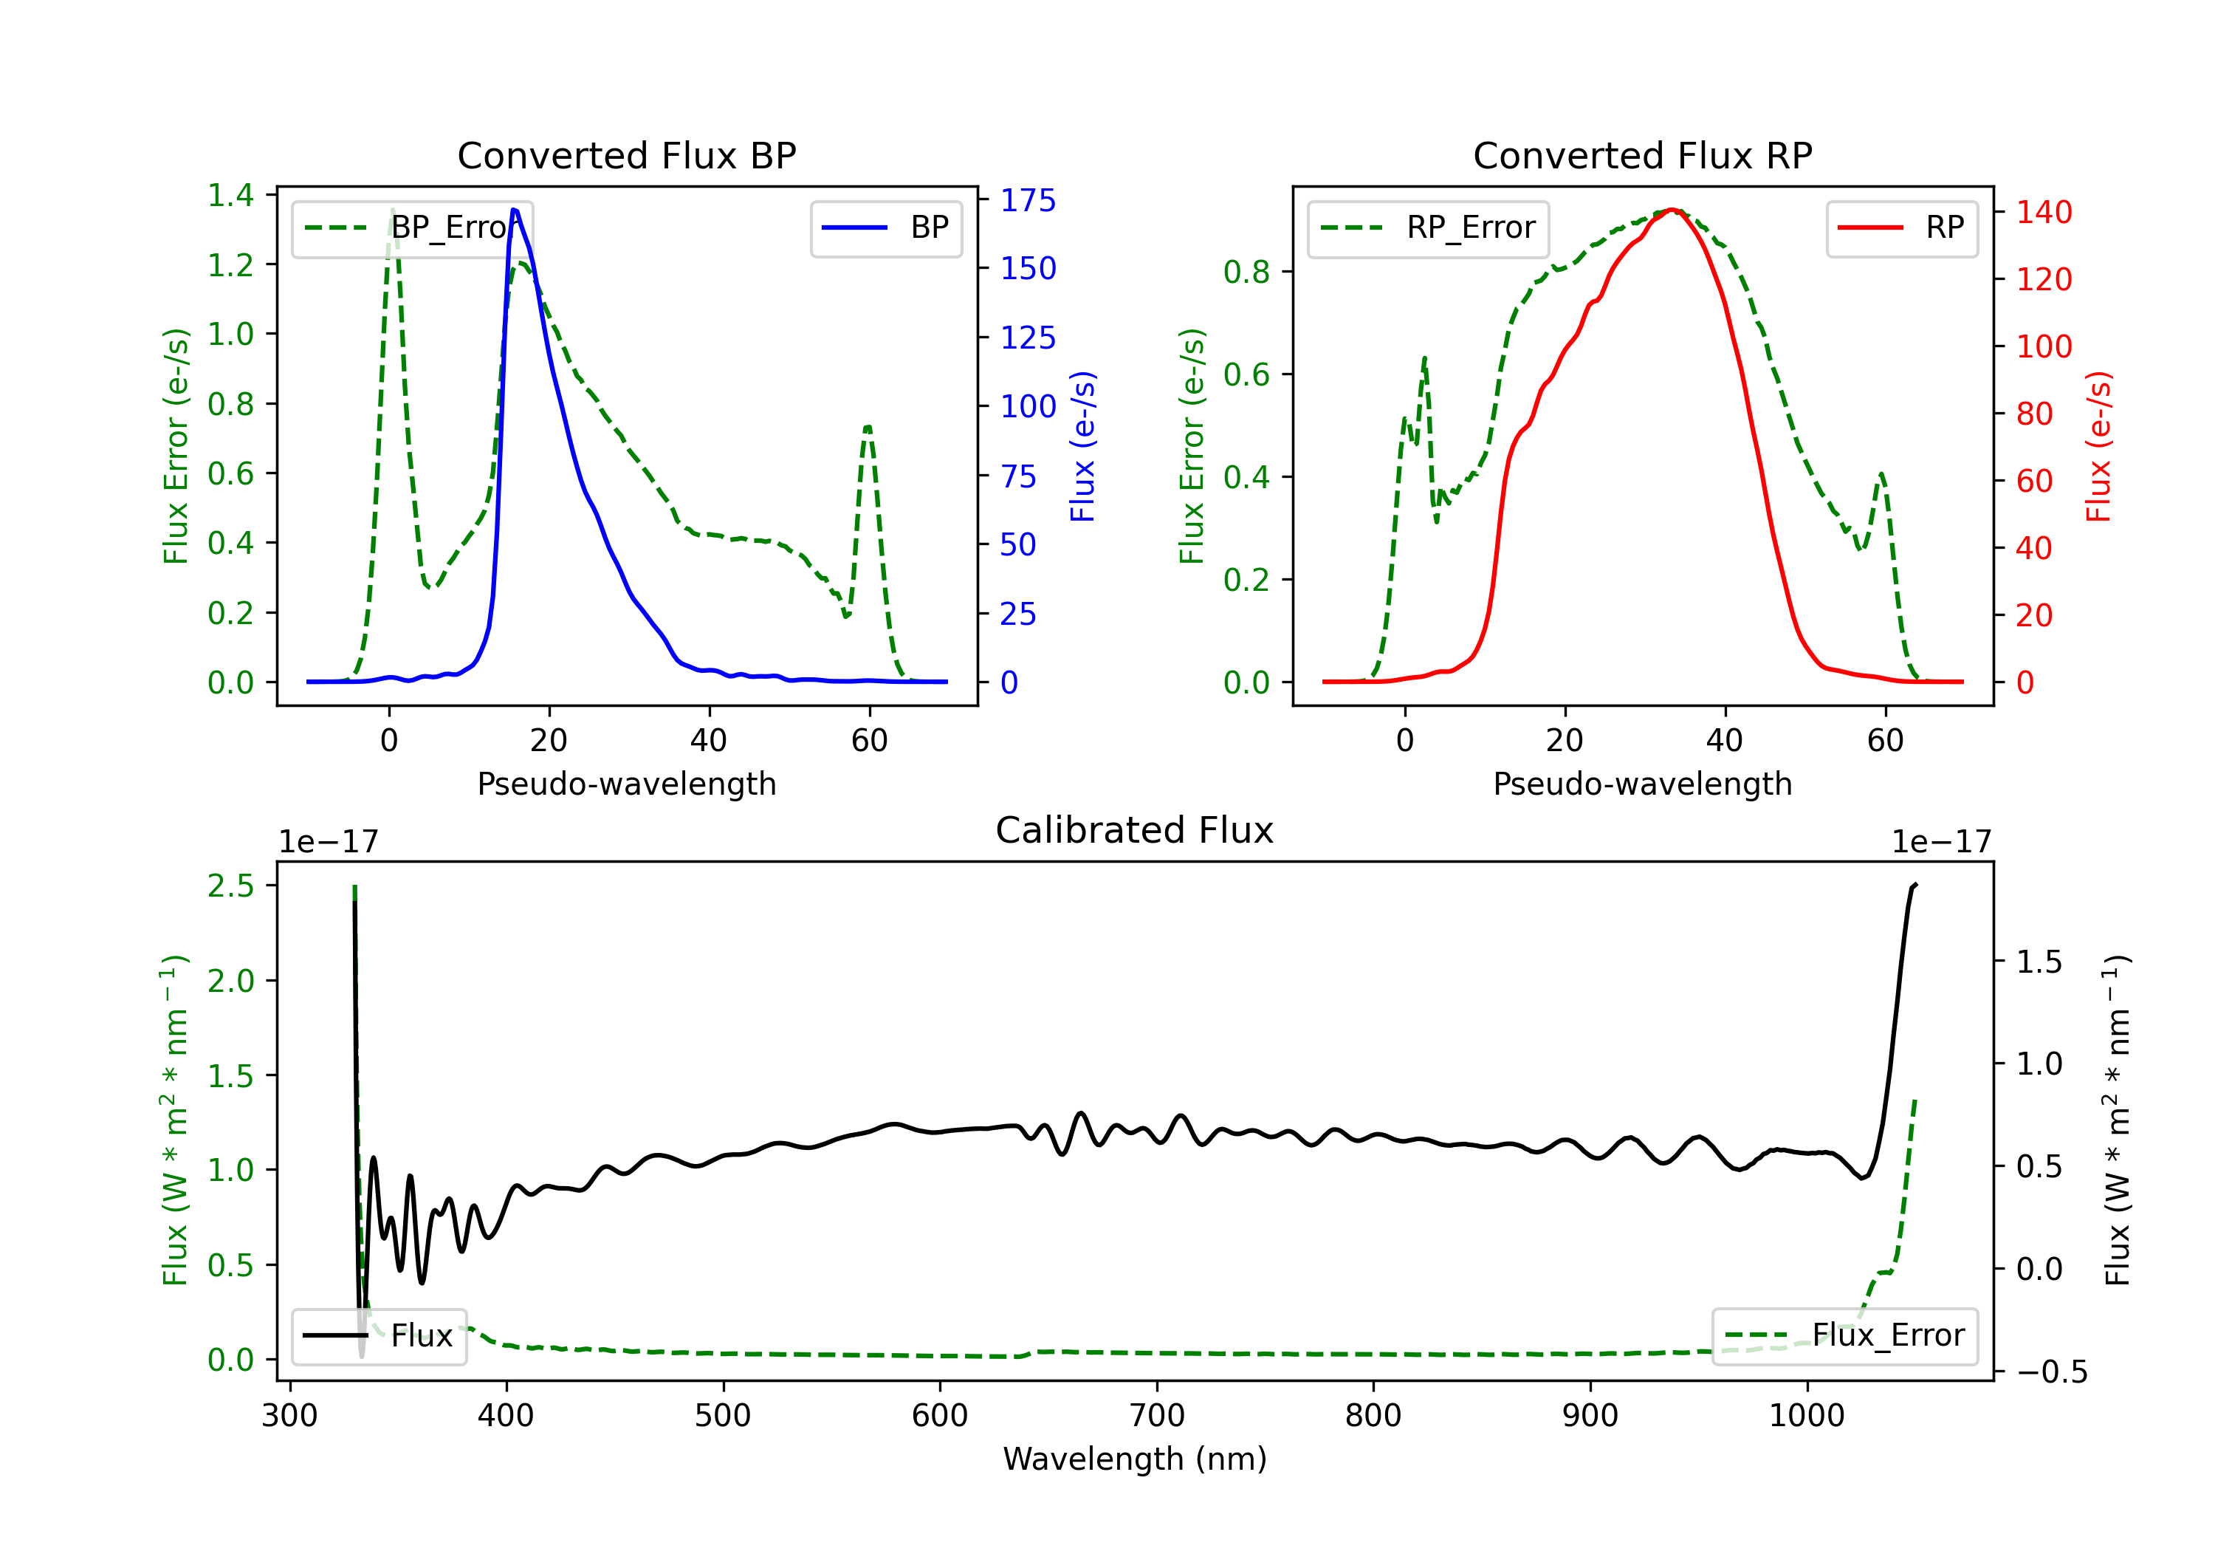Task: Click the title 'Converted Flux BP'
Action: [626, 155]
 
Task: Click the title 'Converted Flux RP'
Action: [1642, 155]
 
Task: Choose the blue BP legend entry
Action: [885, 227]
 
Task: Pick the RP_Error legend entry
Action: [1428, 227]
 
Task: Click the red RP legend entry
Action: [1901, 227]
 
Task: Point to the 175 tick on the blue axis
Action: [1028, 201]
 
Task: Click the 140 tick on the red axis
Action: [2043, 212]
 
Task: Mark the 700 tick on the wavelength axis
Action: [1157, 1415]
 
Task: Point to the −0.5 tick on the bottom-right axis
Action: [2051, 1372]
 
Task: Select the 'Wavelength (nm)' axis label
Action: [1135, 1459]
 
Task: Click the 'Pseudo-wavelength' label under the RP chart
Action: [1642, 784]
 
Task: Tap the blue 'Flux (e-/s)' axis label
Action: [1082, 446]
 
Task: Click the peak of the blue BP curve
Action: [514, 210]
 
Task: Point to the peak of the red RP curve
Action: [1672, 210]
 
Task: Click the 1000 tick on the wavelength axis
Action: [1806, 1415]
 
